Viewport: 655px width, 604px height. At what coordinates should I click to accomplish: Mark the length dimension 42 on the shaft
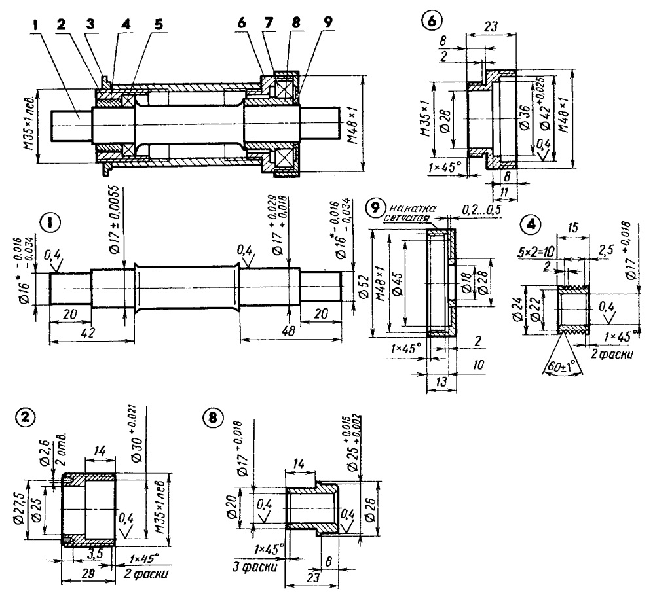click(87, 333)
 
